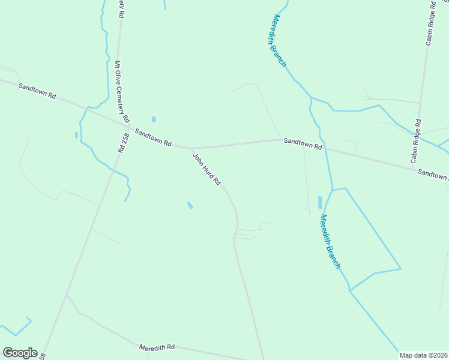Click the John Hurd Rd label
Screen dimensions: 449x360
point(207,170)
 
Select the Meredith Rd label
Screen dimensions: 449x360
point(157,347)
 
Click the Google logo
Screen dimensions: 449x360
point(20,353)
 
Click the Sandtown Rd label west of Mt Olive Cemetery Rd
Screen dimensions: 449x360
point(37,91)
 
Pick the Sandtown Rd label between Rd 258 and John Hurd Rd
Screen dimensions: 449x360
point(153,137)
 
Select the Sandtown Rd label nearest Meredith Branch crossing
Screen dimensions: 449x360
point(303,143)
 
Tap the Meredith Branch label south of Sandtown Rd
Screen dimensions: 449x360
point(331,241)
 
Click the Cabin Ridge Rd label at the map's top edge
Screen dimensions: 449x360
point(431,24)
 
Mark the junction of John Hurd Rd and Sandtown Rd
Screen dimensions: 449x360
point(191,148)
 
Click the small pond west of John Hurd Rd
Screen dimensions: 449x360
point(190,205)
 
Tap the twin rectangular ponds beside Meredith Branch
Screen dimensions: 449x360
point(319,202)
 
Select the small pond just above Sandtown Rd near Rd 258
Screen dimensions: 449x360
point(154,119)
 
